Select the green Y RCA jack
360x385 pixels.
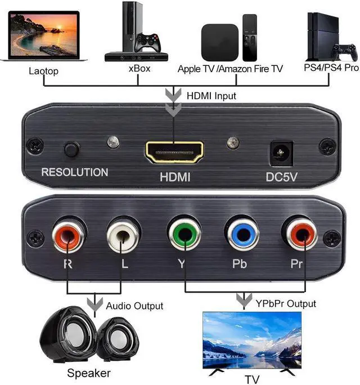(x=182, y=235)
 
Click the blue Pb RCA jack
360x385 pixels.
(x=240, y=235)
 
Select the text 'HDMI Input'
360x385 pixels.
(x=211, y=96)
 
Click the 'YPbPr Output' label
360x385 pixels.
(x=285, y=304)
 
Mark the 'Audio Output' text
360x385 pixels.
(x=134, y=306)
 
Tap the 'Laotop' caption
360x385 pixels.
(x=43, y=71)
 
